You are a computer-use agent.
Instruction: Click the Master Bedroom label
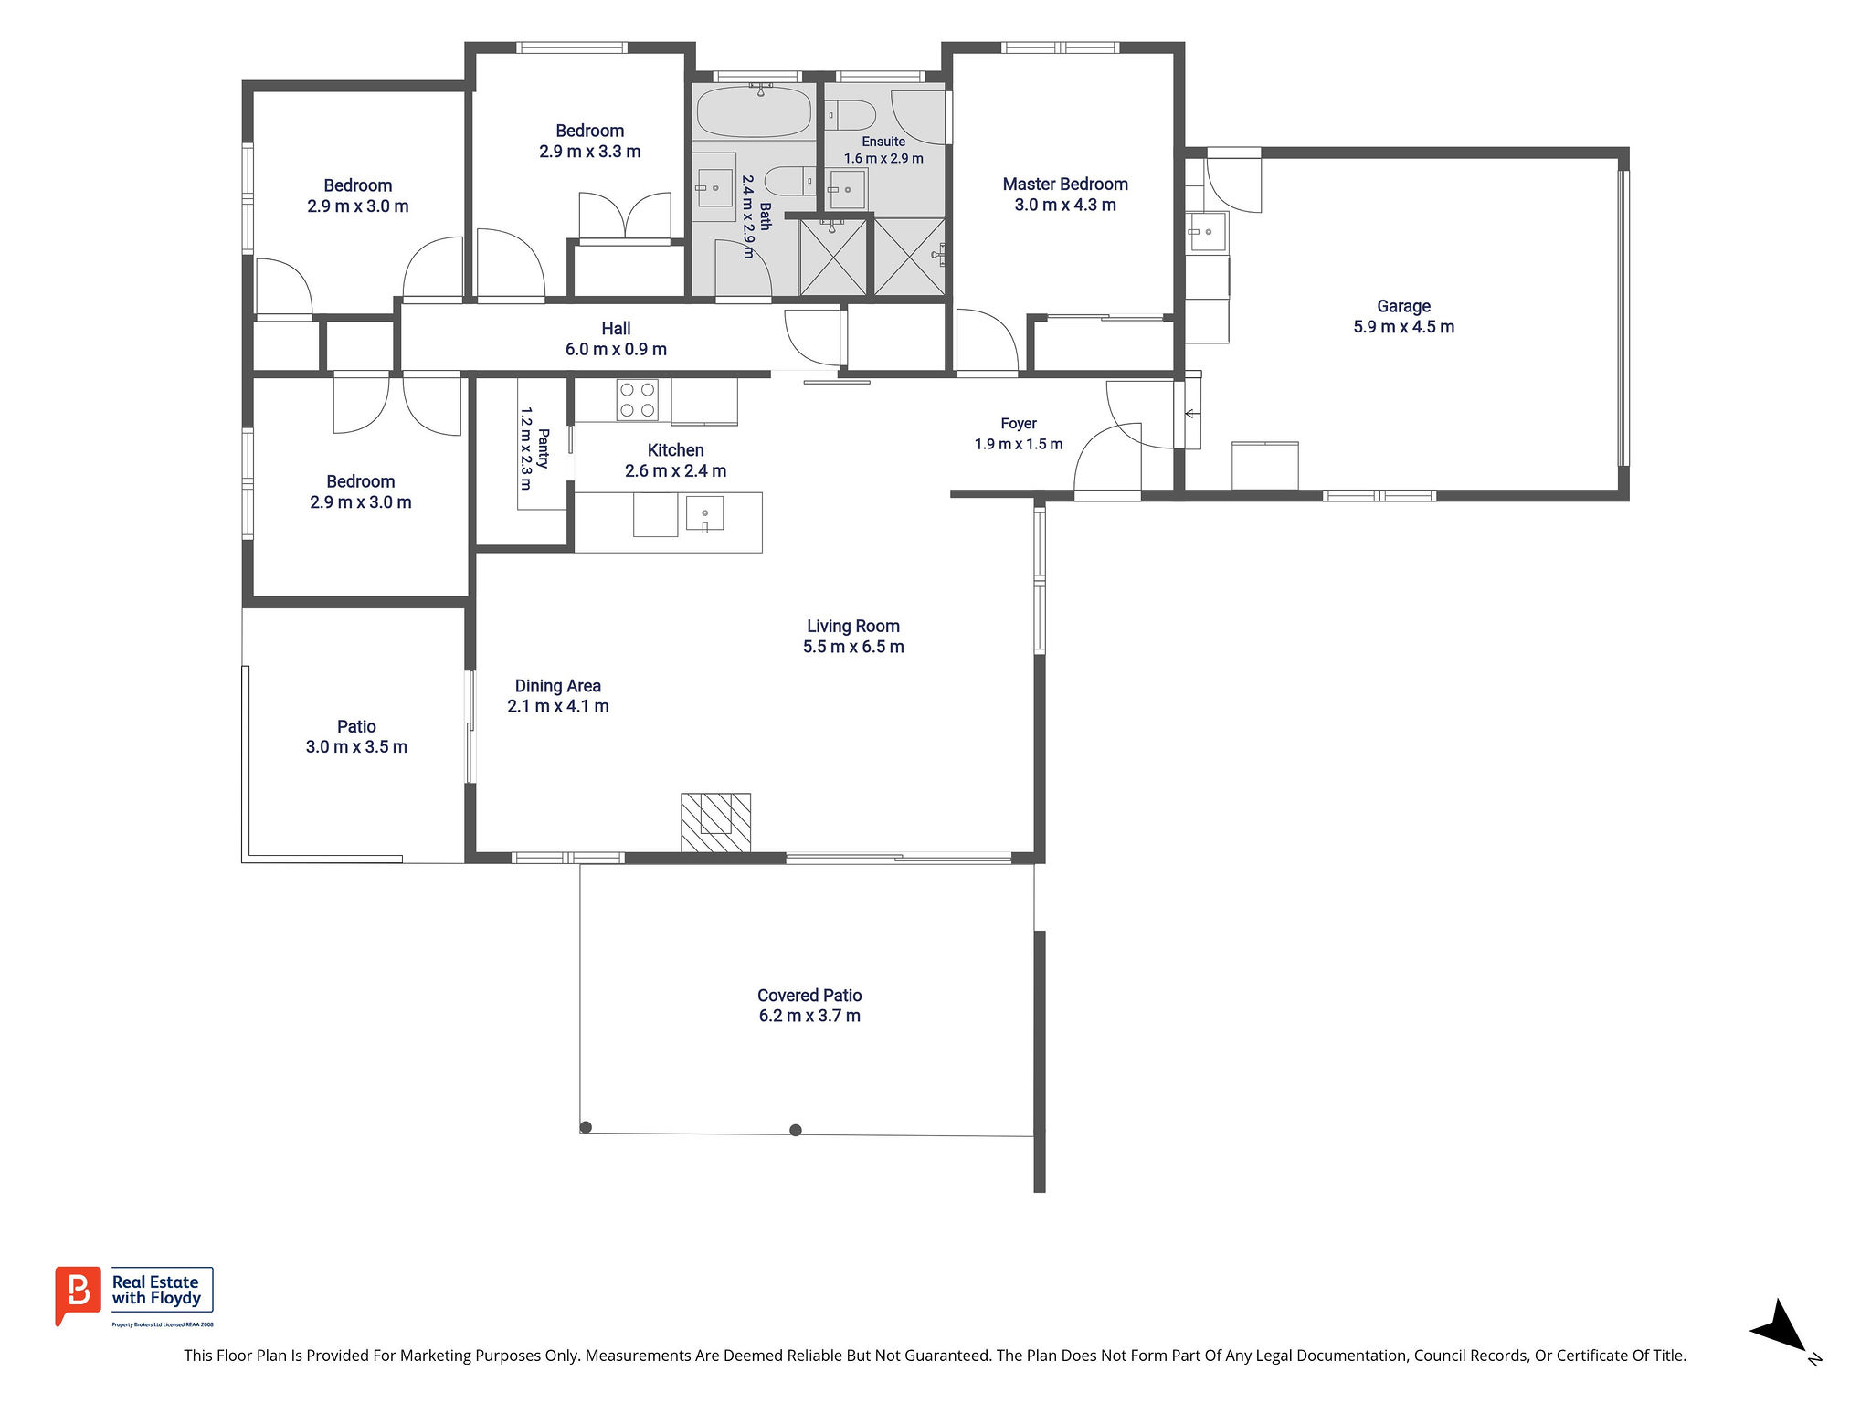(1065, 185)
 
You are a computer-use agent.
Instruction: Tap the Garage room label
(1403, 307)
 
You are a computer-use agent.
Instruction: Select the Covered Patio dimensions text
(809, 1016)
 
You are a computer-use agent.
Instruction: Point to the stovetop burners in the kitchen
(638, 400)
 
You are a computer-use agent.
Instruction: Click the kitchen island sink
(704, 514)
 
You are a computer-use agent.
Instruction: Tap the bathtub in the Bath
(754, 111)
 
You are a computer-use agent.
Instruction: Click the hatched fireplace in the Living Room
(716, 823)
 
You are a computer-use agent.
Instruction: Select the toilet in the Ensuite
(851, 116)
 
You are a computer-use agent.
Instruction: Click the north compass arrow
(1781, 1326)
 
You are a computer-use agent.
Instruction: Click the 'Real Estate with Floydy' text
(156, 1290)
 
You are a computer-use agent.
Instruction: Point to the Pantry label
(544, 448)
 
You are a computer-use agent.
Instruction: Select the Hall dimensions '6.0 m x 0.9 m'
(616, 350)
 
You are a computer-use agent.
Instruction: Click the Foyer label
(1019, 424)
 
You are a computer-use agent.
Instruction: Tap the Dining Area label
(558, 686)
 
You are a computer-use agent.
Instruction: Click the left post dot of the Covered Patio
(587, 1127)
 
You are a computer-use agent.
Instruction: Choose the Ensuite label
(883, 142)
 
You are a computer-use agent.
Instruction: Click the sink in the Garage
(1208, 232)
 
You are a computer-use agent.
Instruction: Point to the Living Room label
(853, 627)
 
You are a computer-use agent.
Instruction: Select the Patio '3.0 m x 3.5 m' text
(356, 747)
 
